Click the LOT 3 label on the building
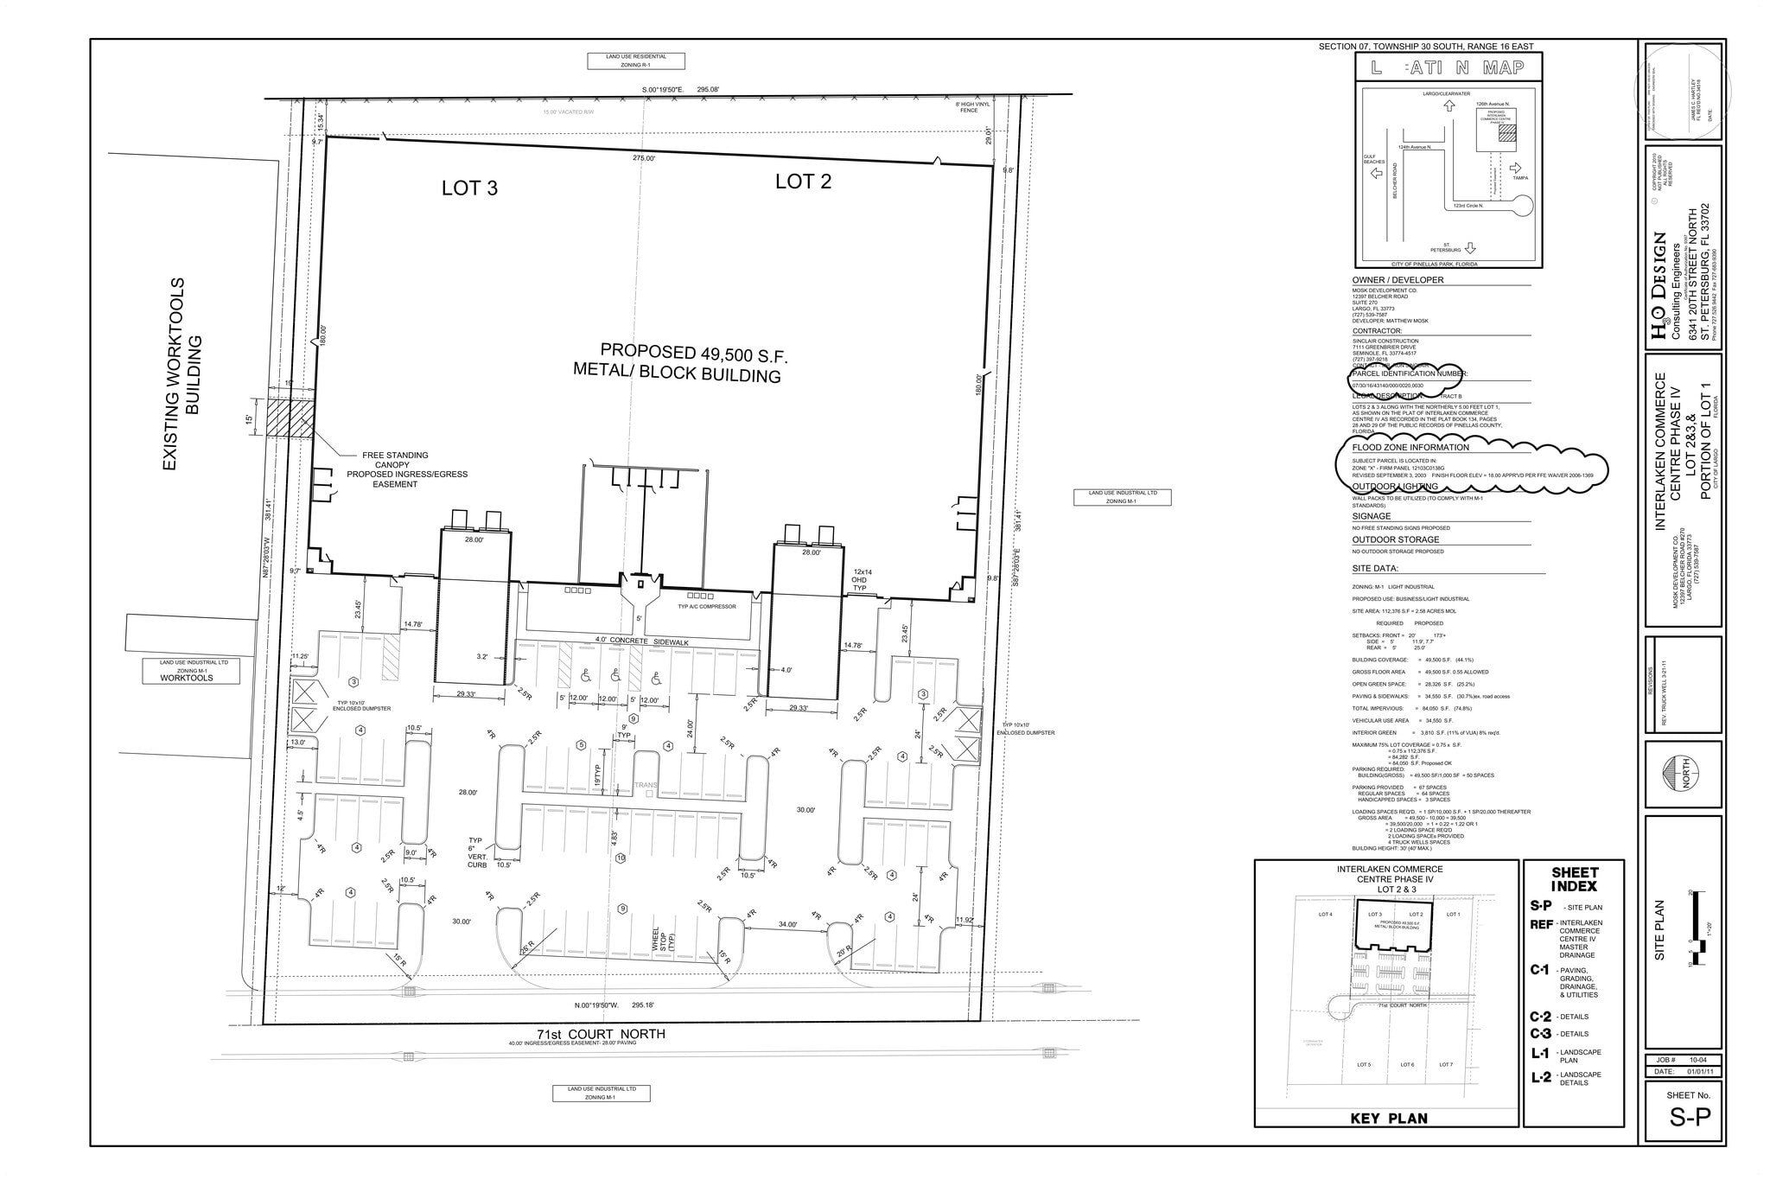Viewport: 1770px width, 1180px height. (469, 188)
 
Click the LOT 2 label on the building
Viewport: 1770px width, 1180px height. (803, 182)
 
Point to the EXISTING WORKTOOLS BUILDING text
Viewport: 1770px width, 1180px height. (183, 373)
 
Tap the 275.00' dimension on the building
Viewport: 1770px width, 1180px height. (644, 158)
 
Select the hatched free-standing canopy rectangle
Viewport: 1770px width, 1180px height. (290, 418)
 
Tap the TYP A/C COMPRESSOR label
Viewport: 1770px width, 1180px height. (707, 607)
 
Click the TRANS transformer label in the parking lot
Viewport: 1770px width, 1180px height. (646, 785)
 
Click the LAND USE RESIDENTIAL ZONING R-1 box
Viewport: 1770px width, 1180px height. (636, 61)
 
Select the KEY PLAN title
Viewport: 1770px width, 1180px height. (1389, 1118)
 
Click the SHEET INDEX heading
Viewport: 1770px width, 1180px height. (1574, 879)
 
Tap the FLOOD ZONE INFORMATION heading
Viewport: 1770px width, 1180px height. (1410, 448)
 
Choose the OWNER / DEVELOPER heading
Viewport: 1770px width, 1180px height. (1398, 280)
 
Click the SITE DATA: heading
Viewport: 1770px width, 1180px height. (1375, 569)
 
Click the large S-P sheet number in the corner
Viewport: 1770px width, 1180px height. (1689, 1118)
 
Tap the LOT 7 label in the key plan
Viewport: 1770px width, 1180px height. (1445, 1064)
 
